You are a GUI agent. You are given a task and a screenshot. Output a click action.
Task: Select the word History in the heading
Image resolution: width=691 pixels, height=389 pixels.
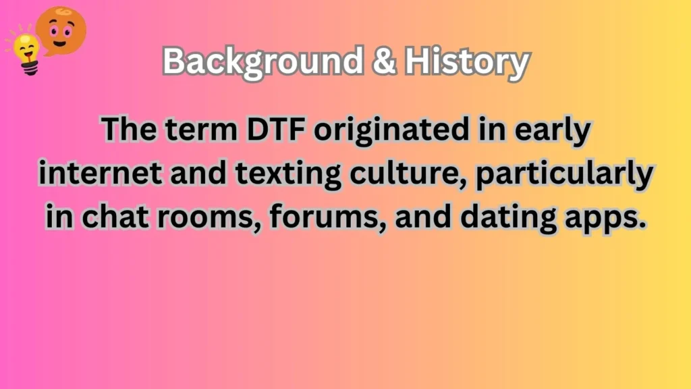click(465, 62)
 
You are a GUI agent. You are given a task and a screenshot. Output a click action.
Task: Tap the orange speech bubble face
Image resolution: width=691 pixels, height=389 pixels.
click(61, 28)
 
